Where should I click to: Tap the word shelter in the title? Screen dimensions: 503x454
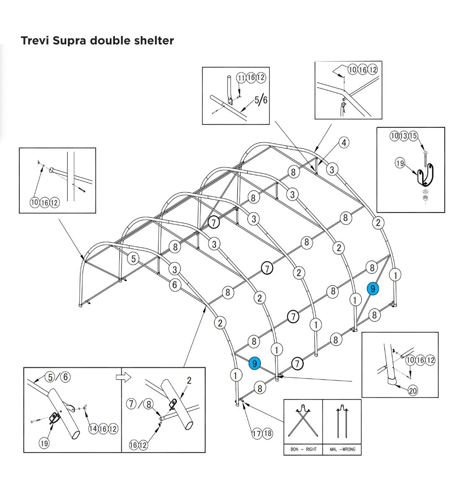point(153,41)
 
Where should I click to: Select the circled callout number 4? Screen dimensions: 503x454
point(344,143)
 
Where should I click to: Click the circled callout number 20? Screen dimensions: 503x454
point(413,391)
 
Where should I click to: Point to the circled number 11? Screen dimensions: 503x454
point(241,78)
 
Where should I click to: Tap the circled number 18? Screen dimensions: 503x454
point(267,433)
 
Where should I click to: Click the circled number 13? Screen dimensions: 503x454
point(404,136)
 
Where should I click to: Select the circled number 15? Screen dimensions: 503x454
point(413,136)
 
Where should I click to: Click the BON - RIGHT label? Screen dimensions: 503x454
point(303,449)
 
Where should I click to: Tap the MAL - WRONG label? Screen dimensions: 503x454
point(342,449)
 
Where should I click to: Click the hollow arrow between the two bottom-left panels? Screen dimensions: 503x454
point(123,377)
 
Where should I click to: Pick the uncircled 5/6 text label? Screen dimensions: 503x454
point(260,101)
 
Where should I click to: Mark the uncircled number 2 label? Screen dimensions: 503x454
point(189,381)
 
